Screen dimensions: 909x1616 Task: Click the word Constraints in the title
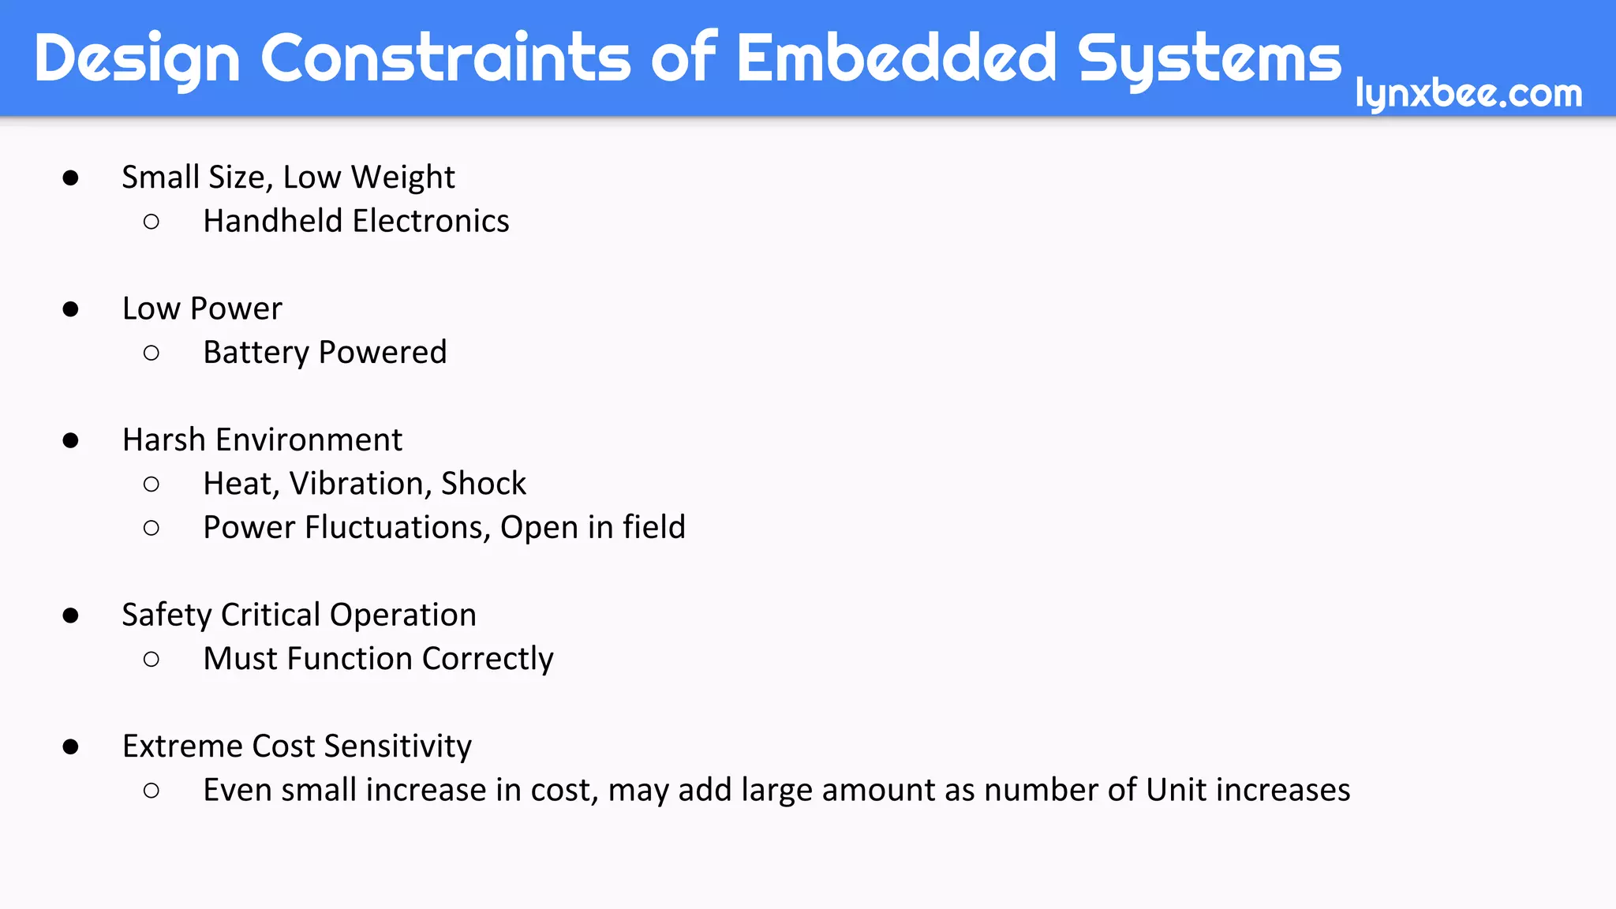pos(445,58)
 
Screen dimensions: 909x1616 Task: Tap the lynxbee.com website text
pos(1468,93)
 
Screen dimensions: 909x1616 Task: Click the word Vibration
pos(359,484)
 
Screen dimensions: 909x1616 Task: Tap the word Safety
pos(166,615)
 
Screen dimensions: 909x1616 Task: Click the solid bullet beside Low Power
pos(71,309)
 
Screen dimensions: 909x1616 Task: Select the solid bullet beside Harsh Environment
pos(71,440)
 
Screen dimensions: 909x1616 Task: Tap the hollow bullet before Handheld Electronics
pos(151,222)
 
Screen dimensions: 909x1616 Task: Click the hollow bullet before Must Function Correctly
pos(151,659)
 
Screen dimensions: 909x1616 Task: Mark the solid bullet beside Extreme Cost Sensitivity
pos(71,746)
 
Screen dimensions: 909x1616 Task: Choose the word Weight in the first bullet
pos(402,178)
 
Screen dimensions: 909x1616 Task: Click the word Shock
pos(483,484)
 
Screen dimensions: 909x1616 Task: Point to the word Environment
pos(309,440)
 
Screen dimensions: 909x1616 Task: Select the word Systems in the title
pos(1209,58)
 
